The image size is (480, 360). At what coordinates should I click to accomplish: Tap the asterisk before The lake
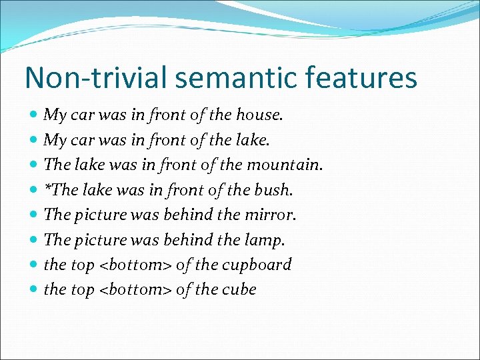pyautogui.click(x=47, y=188)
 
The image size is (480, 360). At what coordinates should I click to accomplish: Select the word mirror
pyautogui.click(x=271, y=215)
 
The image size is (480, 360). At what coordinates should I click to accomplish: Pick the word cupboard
pyautogui.click(x=256, y=265)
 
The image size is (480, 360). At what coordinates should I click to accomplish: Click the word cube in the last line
pyautogui.click(x=238, y=290)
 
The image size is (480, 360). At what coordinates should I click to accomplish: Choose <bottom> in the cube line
pyautogui.click(x=135, y=290)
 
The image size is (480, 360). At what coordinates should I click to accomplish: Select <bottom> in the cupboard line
pyautogui.click(x=135, y=265)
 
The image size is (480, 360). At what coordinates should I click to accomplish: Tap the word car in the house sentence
pyautogui.click(x=82, y=115)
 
